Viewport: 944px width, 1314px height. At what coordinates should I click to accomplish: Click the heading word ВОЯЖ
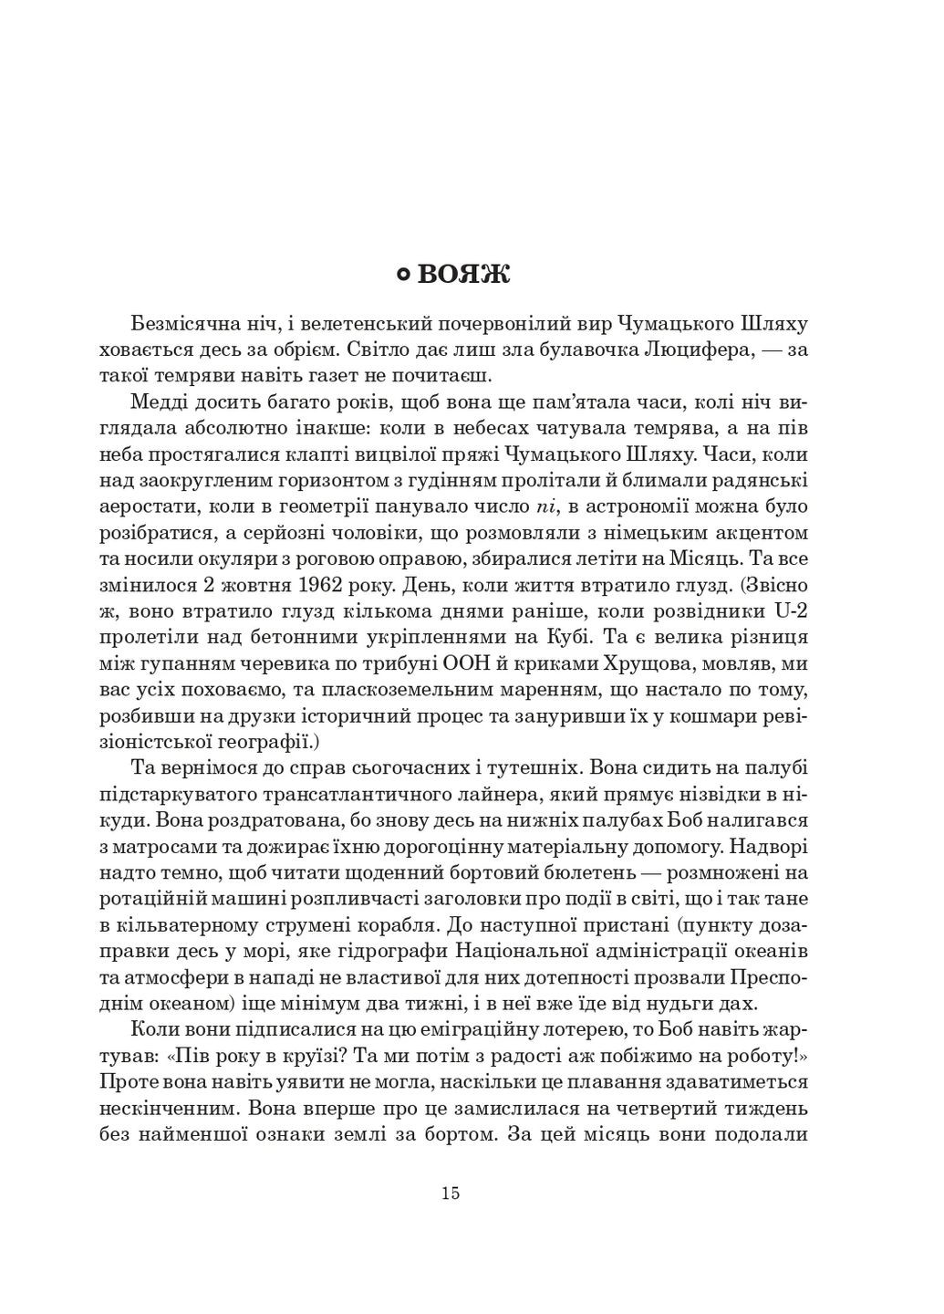click(466, 276)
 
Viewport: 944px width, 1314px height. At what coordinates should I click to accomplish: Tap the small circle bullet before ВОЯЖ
click(405, 276)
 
